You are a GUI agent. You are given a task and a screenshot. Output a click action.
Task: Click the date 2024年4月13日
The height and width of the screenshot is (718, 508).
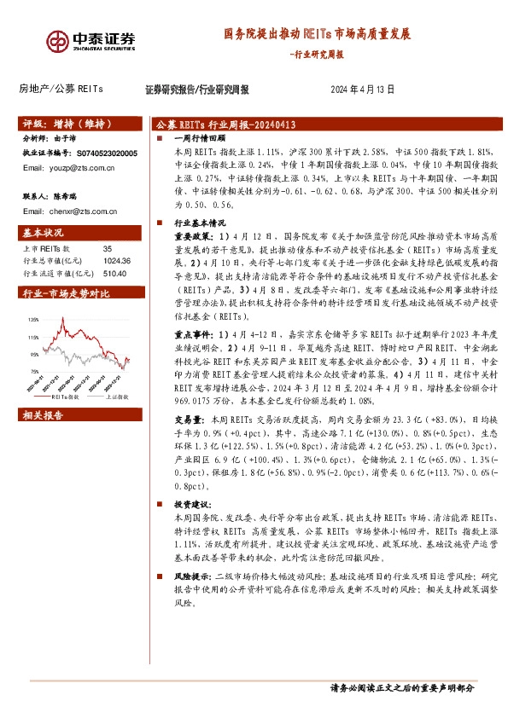[x=362, y=89]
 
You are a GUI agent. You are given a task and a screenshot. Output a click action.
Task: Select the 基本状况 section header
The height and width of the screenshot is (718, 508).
[x=44, y=232]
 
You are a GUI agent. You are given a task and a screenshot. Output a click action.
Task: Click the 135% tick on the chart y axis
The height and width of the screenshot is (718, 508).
[x=33, y=319]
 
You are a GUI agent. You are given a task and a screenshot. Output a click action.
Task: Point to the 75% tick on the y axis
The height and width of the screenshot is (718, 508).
[x=34, y=372]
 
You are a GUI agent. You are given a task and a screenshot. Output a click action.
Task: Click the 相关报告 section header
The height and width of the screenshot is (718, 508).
[x=44, y=415]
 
